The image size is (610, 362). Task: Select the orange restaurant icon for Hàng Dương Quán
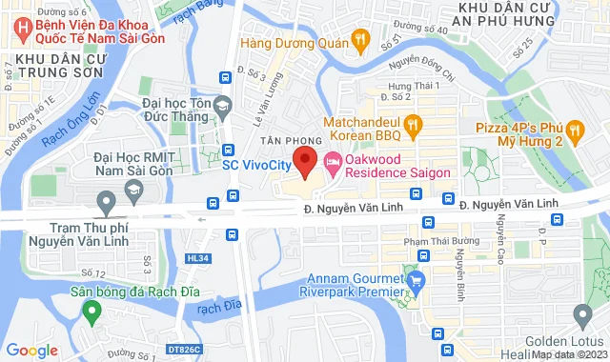click(360, 41)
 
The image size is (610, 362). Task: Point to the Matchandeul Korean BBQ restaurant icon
click(412, 124)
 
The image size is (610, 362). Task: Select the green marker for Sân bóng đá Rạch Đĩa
click(91, 311)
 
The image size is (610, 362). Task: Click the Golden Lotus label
click(568, 342)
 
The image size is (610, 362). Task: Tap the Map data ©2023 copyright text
click(567, 355)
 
